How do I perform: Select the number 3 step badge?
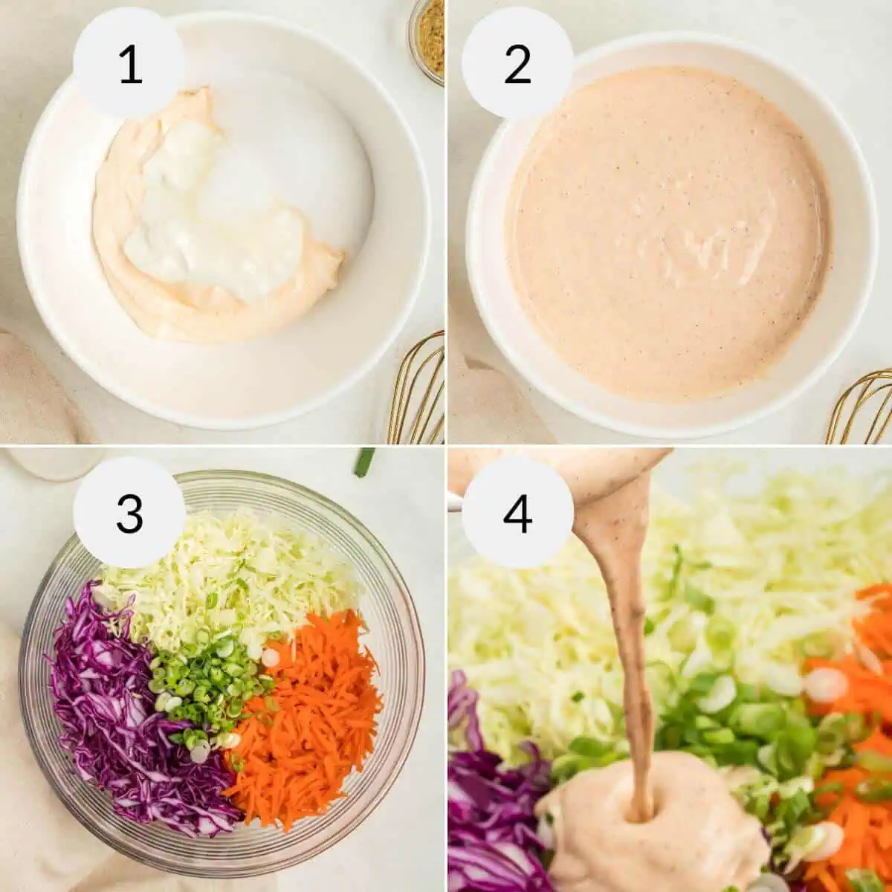[x=129, y=513]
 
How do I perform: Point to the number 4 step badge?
[x=517, y=513]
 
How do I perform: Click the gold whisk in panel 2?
[x=862, y=409]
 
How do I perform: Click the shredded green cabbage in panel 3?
[x=223, y=565]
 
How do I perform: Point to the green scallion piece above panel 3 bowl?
[x=364, y=461]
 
